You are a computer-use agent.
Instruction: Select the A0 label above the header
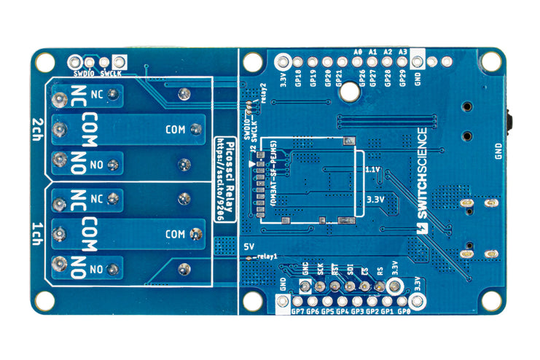[x=357, y=52]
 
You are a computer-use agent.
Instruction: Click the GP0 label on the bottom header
[x=405, y=312]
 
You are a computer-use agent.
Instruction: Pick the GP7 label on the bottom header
[x=297, y=312]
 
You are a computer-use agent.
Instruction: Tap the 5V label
[x=248, y=246]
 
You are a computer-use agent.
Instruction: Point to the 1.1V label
[x=372, y=169]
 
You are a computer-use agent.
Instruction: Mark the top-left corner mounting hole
[x=45, y=62]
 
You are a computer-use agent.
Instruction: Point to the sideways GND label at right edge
[x=498, y=150]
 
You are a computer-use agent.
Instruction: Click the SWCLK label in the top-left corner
[x=111, y=73]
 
